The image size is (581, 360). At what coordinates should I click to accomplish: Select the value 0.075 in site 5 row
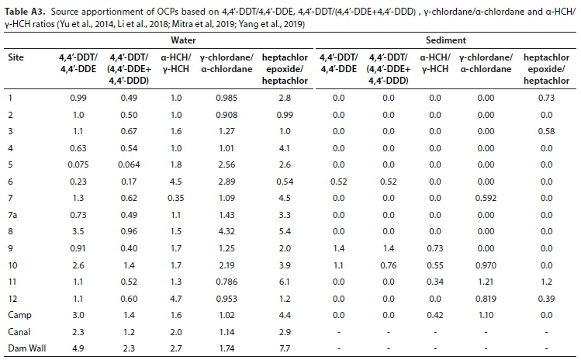pos(77,164)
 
